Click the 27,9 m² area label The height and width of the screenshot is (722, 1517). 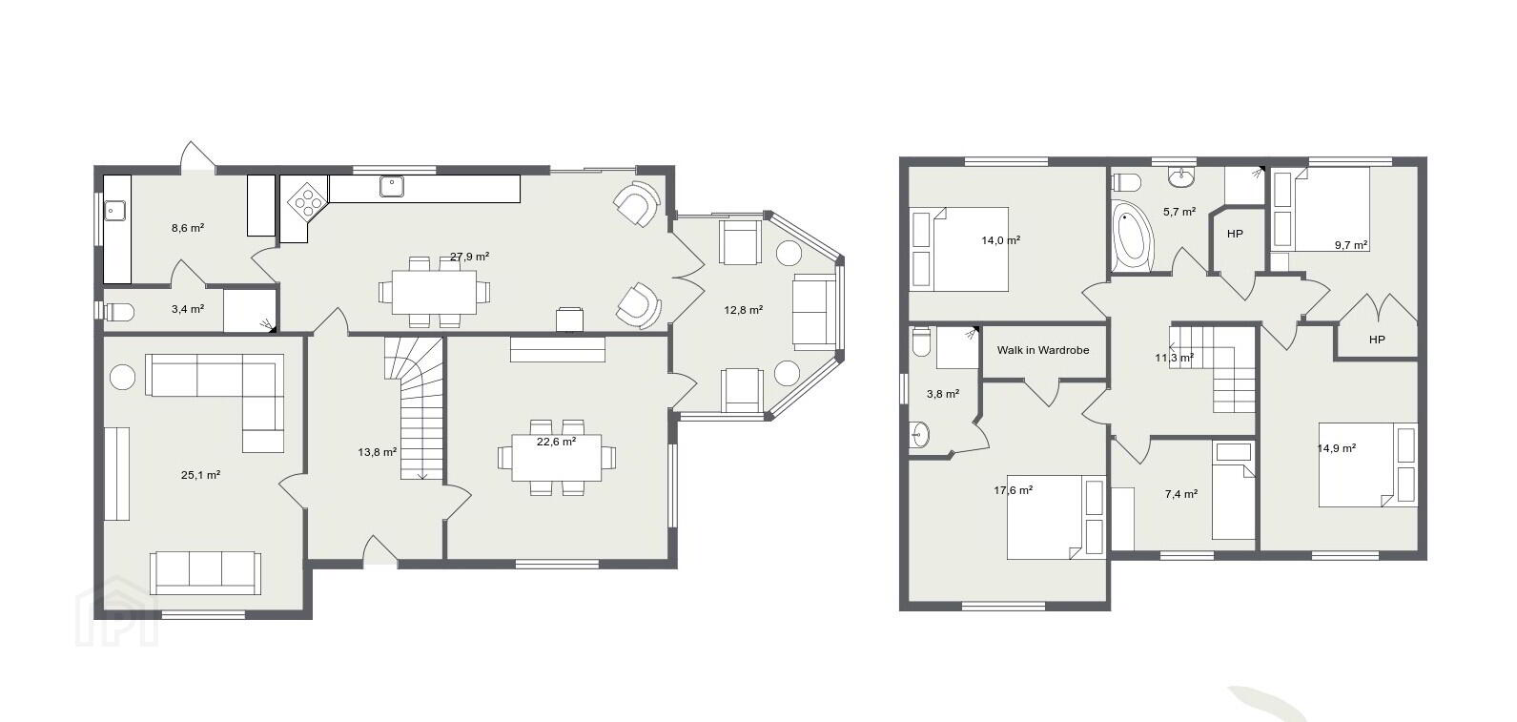469,257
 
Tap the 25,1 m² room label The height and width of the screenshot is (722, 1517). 200,476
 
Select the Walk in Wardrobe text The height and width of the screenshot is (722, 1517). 1043,350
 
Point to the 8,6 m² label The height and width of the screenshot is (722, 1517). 188,228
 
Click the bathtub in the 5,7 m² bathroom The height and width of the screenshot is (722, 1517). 1133,238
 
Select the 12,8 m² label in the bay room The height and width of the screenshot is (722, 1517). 744,310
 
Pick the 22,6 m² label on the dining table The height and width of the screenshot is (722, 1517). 557,442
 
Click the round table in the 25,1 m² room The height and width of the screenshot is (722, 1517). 123,378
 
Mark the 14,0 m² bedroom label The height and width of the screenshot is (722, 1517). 1001,239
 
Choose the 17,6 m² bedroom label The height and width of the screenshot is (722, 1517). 1014,490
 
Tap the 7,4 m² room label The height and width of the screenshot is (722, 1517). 1181,494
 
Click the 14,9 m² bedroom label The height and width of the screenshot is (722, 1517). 1336,448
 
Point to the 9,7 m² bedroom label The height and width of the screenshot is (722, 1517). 1351,245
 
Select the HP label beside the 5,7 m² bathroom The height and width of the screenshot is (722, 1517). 1236,234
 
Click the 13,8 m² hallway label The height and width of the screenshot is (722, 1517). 378,452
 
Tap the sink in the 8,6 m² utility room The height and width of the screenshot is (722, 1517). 113,212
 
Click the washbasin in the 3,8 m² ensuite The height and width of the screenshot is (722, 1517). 921,434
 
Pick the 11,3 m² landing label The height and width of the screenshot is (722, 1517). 1175,358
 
